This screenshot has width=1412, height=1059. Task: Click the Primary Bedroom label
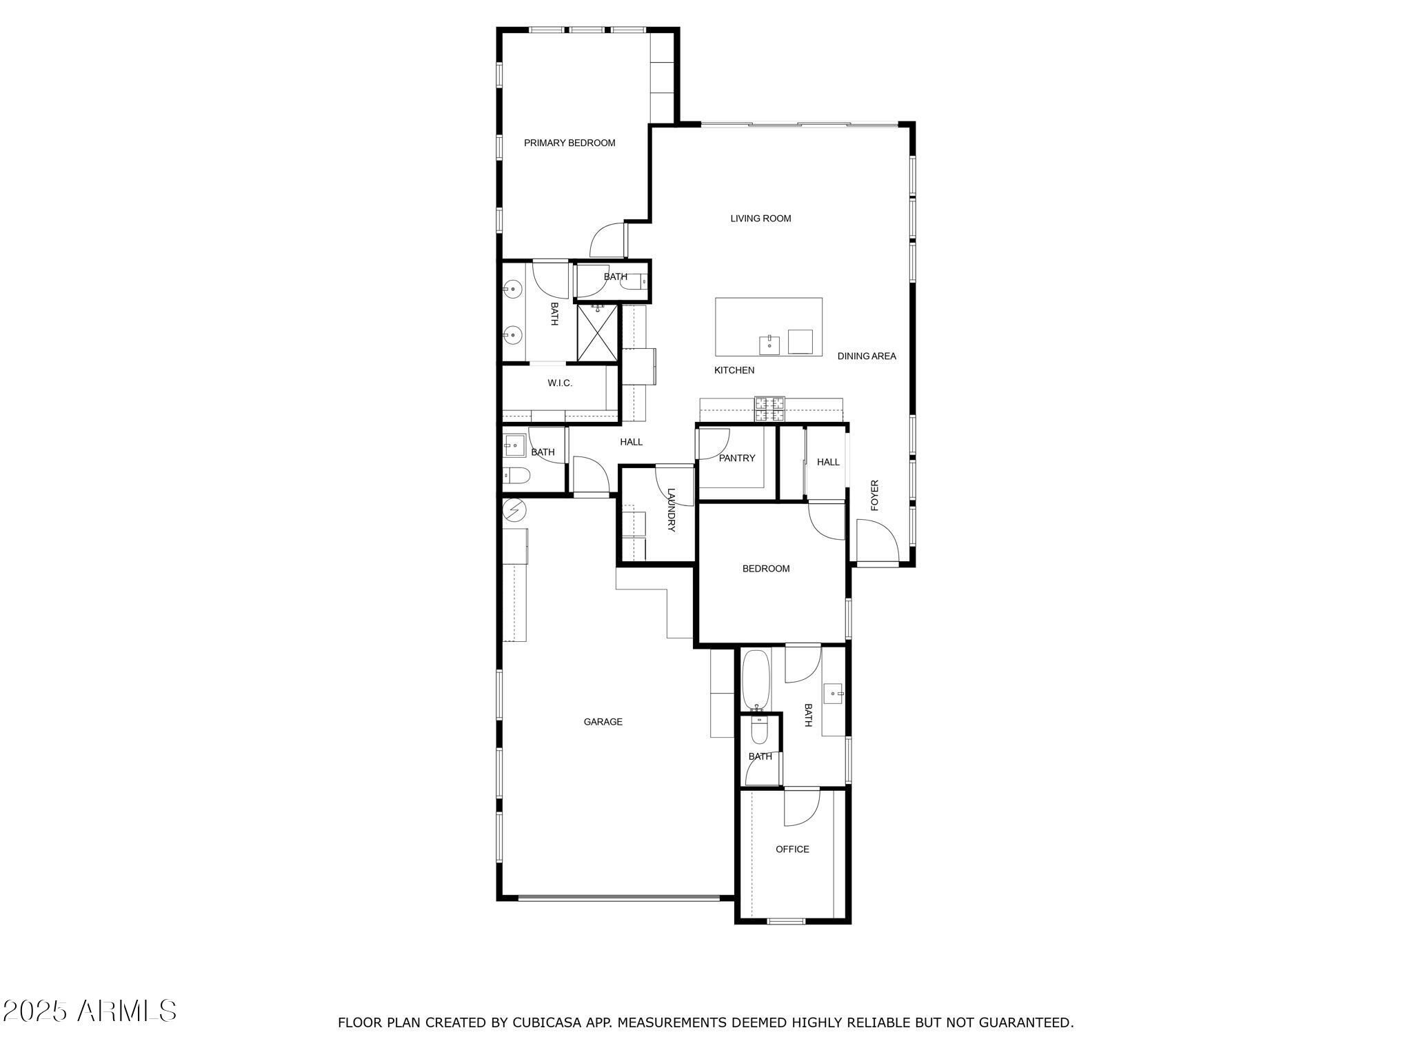(569, 143)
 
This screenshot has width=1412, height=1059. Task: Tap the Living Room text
(760, 219)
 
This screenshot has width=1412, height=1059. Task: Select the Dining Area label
(867, 356)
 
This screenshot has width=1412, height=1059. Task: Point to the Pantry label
(737, 458)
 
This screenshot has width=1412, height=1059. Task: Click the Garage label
(603, 722)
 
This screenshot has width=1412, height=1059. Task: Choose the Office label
(792, 849)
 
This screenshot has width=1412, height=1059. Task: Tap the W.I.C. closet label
(560, 383)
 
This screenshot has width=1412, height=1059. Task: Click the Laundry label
(671, 510)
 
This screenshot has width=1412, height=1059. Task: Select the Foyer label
(875, 495)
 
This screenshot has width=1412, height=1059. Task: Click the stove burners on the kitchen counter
(769, 409)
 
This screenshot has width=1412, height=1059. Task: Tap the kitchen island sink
(769, 344)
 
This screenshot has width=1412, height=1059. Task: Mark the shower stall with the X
(597, 333)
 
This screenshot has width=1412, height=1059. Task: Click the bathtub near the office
(756, 680)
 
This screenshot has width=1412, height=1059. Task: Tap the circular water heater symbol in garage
(514, 510)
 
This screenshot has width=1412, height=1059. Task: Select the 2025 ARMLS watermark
(89, 1011)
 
